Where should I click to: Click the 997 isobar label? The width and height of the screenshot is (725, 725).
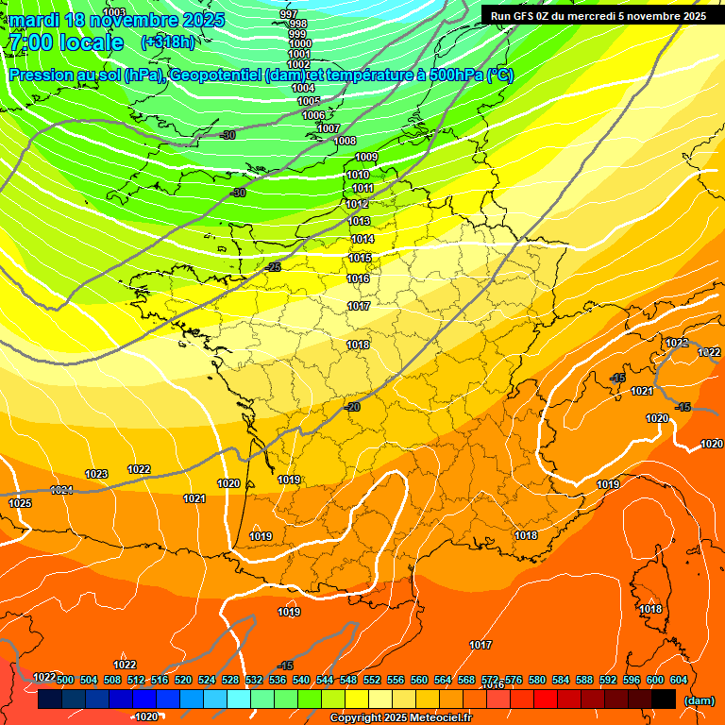pyautogui.click(x=289, y=14)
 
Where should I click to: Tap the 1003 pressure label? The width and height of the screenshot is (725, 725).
pyautogui.click(x=114, y=12)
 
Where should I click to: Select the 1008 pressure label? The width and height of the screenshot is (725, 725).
pyautogui.click(x=346, y=141)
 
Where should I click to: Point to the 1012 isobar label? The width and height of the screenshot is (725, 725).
pyautogui.click(x=357, y=204)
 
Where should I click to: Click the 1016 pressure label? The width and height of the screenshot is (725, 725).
pyautogui.click(x=358, y=278)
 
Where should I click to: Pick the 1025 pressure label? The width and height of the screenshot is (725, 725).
pyautogui.click(x=20, y=503)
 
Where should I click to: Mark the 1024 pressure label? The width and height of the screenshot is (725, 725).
pyautogui.click(x=61, y=490)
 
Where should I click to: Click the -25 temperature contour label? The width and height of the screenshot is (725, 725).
pyautogui.click(x=274, y=267)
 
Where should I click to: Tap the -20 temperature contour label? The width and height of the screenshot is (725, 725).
pyautogui.click(x=353, y=407)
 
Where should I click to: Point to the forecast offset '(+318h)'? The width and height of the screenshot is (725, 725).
pyautogui.click(x=167, y=42)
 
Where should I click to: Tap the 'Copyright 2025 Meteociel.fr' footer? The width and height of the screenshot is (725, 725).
pyautogui.click(x=400, y=717)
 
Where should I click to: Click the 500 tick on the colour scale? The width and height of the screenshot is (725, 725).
pyautogui.click(x=65, y=680)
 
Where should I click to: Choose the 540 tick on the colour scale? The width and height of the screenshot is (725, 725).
pyautogui.click(x=301, y=680)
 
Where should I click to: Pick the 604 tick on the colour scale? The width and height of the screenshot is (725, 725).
pyautogui.click(x=679, y=680)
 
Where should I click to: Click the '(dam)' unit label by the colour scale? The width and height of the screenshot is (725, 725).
pyautogui.click(x=699, y=700)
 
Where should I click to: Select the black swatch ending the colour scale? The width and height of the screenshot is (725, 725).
pyautogui.click(x=664, y=700)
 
